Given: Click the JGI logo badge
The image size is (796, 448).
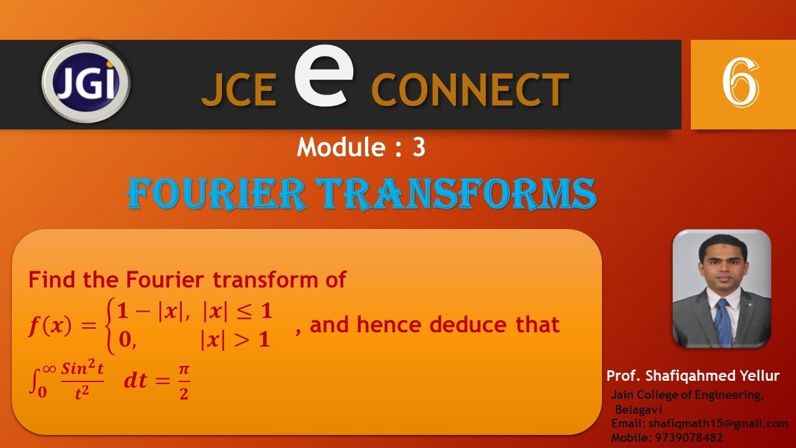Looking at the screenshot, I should [x=86, y=83].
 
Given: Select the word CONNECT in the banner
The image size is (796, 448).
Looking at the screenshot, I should [x=470, y=88].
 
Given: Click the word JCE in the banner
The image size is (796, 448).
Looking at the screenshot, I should [x=239, y=90].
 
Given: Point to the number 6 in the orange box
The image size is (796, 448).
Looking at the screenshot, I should [x=740, y=83].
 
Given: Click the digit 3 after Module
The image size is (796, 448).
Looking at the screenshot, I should [x=419, y=147].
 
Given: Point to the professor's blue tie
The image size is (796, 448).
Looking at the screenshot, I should [x=723, y=322].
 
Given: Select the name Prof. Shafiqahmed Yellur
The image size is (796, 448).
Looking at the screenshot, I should [x=693, y=376].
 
